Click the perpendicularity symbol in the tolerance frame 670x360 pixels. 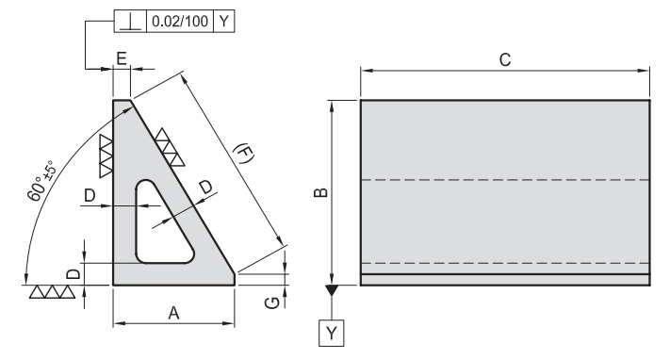[130, 22]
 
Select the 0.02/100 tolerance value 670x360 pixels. [180, 21]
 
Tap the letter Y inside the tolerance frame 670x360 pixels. [224, 21]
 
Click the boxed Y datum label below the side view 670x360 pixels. [332, 333]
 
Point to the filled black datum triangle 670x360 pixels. [332, 290]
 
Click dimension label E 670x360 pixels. [122, 58]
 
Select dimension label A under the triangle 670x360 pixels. [173, 314]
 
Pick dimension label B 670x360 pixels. [321, 193]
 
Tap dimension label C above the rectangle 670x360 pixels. [505, 60]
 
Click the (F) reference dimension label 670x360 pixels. [244, 153]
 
